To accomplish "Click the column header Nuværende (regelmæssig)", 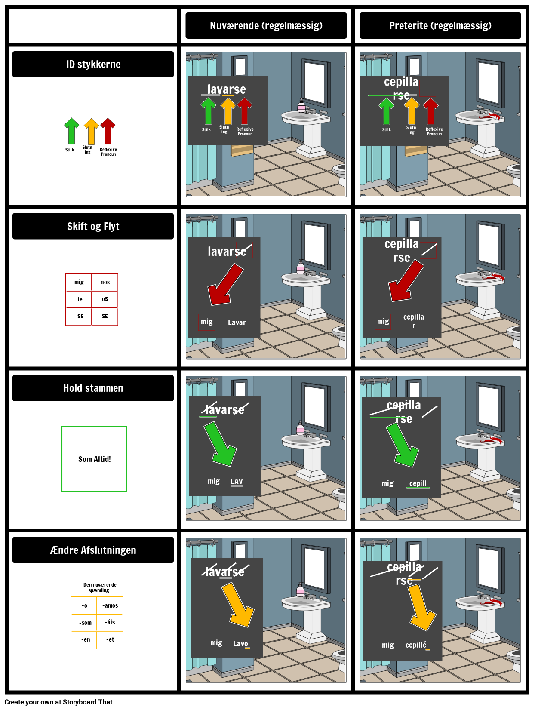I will [266, 26].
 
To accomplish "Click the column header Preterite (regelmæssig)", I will [440, 26].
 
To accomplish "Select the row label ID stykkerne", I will [93, 65].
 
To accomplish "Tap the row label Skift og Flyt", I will [93, 227].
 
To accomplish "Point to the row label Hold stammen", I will [93, 388].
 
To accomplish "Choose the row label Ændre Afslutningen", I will [93, 550].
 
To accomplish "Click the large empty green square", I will [94, 459].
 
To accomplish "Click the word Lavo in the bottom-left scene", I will [240, 644].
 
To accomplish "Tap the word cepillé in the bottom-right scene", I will [416, 645].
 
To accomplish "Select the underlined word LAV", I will [237, 482].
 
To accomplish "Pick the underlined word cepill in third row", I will [418, 483].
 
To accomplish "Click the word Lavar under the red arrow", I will [237, 323].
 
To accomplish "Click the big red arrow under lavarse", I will [224, 286].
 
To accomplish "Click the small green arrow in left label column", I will [72, 131].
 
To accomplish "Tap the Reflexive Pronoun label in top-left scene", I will [245, 131].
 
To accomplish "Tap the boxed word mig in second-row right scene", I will [383, 321].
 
